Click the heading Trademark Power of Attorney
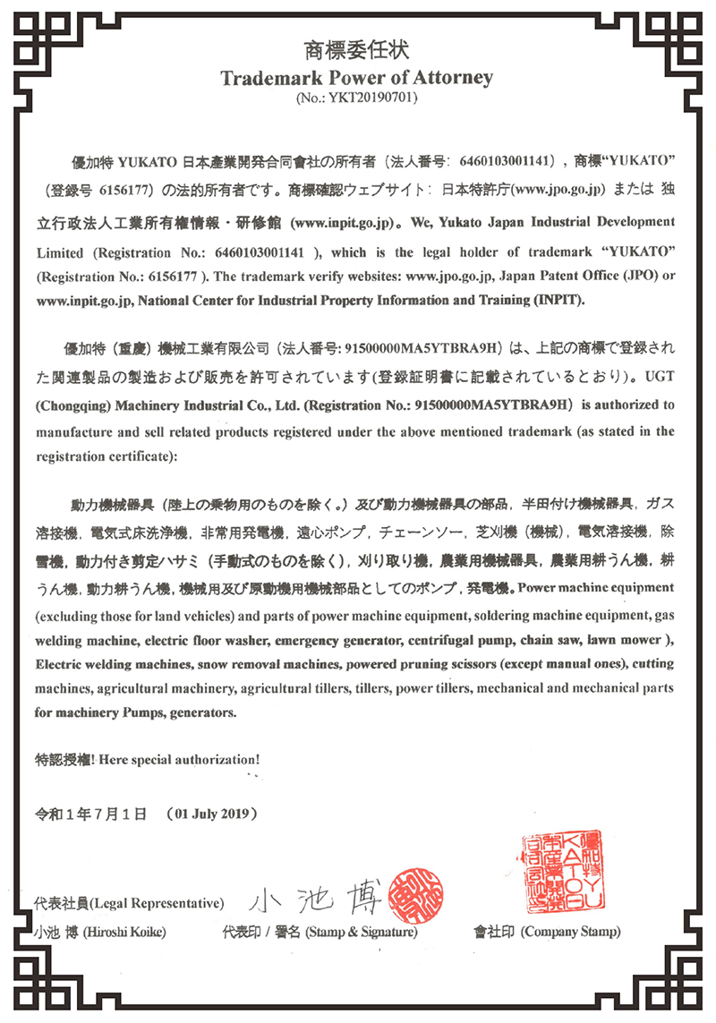pyautogui.click(x=357, y=78)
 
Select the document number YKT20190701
pyautogui.click(x=366, y=97)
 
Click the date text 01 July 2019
pyautogui.click(x=211, y=814)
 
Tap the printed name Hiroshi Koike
pyautogui.click(x=124, y=932)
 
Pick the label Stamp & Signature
pyautogui.click(x=361, y=932)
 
